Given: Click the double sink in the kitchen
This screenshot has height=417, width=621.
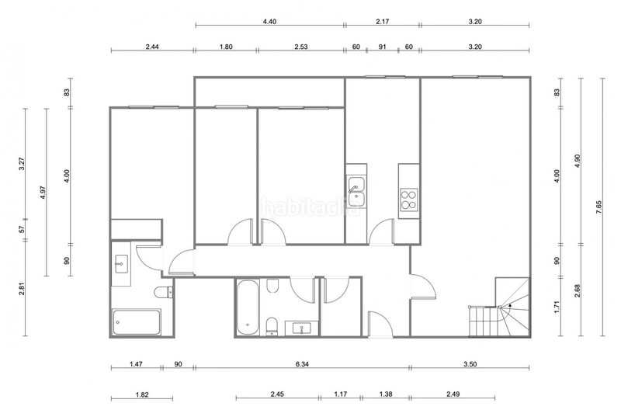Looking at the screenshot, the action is pos(356,192).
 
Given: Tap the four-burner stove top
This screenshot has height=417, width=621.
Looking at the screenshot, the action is pos(409,200).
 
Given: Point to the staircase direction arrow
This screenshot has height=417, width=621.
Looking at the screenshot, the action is pos(510,305).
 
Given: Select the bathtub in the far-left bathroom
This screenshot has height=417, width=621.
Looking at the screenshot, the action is pos(137,322).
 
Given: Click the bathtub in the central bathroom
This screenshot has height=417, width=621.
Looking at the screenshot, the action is pos(248,308).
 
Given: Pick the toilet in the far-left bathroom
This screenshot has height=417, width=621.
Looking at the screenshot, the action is pos(164,292).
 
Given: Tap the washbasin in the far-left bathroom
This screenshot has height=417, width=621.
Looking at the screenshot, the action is pos(121,264).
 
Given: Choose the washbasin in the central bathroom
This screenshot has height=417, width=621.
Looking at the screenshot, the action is pos(302,328).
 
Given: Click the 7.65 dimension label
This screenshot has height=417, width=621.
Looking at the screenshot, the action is pos(598,207).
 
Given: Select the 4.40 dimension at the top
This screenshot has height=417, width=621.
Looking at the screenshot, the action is pos(269,22).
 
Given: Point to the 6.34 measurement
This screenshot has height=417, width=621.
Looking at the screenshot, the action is pos(302,364).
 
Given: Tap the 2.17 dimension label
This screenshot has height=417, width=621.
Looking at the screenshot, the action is pos(382,22).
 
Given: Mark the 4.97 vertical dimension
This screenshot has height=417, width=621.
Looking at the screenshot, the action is pos(43,193).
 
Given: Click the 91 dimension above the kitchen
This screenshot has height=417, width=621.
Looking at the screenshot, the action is pos(382,47).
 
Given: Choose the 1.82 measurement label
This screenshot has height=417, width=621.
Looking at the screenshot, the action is pos(142,394).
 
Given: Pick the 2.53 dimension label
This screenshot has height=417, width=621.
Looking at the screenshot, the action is pos(301,47).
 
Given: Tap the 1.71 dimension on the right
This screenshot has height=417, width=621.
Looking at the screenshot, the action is pos(557,308).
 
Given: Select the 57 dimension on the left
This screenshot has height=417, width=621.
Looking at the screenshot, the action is pos(23,229).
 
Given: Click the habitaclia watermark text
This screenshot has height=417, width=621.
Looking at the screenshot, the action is pos(312,207).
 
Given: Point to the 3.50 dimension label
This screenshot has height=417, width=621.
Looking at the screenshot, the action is pos(470,364).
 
